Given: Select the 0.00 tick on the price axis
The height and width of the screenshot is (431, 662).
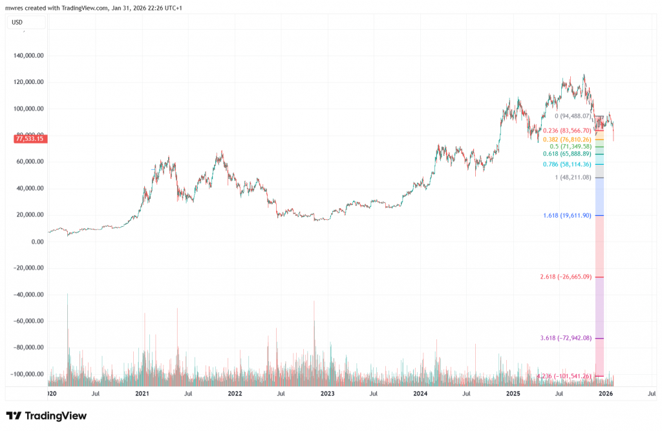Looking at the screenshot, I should pyautogui.click(x=36, y=242).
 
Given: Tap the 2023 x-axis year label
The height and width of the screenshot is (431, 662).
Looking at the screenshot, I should pyautogui.click(x=327, y=393).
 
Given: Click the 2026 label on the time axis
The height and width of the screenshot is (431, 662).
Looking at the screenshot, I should pyautogui.click(x=606, y=393).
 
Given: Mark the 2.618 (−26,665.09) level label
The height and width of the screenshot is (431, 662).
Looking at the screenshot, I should pyautogui.click(x=565, y=277).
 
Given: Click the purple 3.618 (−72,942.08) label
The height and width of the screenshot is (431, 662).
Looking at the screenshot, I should pyautogui.click(x=565, y=338).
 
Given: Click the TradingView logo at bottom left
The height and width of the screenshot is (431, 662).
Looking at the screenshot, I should pyautogui.click(x=46, y=416).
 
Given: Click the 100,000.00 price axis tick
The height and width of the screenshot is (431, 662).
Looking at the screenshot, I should pyautogui.click(x=28, y=109).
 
